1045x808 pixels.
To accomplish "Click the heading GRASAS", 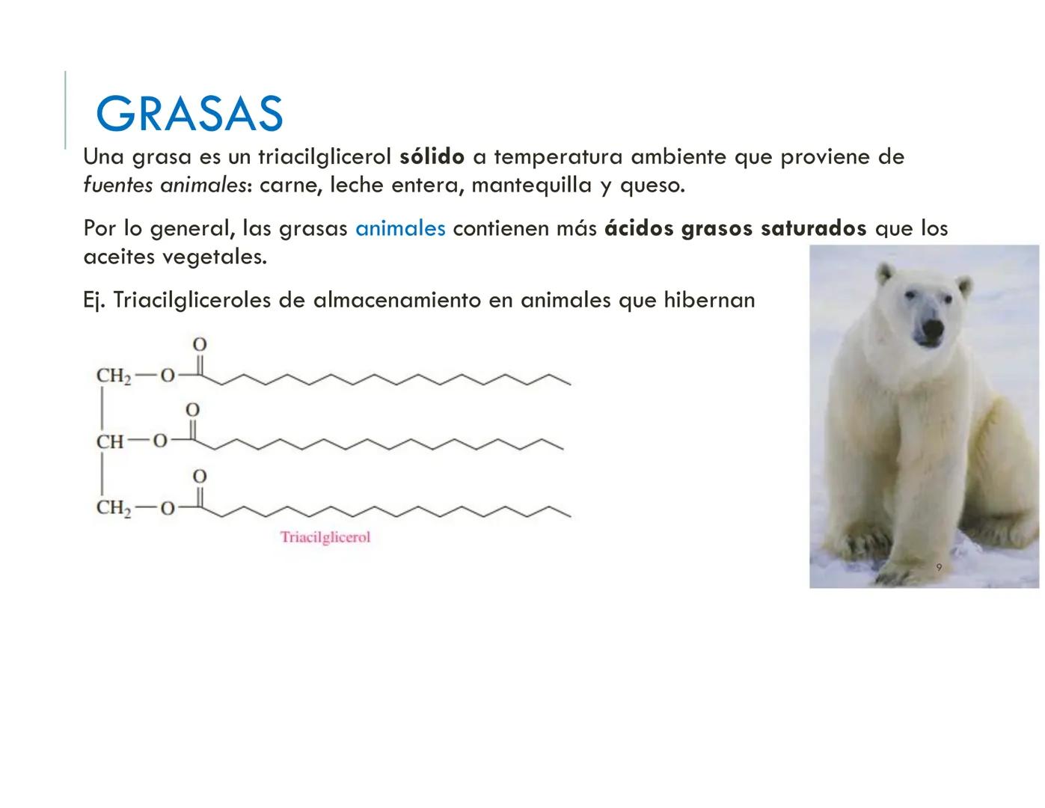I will [189, 114].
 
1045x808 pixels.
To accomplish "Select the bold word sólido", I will [432, 157].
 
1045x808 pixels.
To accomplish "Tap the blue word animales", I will [400, 228].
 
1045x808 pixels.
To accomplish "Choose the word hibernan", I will [709, 300].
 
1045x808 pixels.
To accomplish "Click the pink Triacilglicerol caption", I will [325, 537].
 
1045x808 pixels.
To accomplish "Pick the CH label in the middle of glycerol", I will [109, 441].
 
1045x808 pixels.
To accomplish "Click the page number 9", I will [939, 568].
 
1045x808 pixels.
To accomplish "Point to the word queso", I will [652, 185].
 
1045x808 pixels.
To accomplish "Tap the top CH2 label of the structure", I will [113, 376].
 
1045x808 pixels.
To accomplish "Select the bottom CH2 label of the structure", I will [113, 509].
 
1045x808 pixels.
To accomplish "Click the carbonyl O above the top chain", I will [200, 345].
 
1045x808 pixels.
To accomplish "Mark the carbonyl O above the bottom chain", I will [200, 477].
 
